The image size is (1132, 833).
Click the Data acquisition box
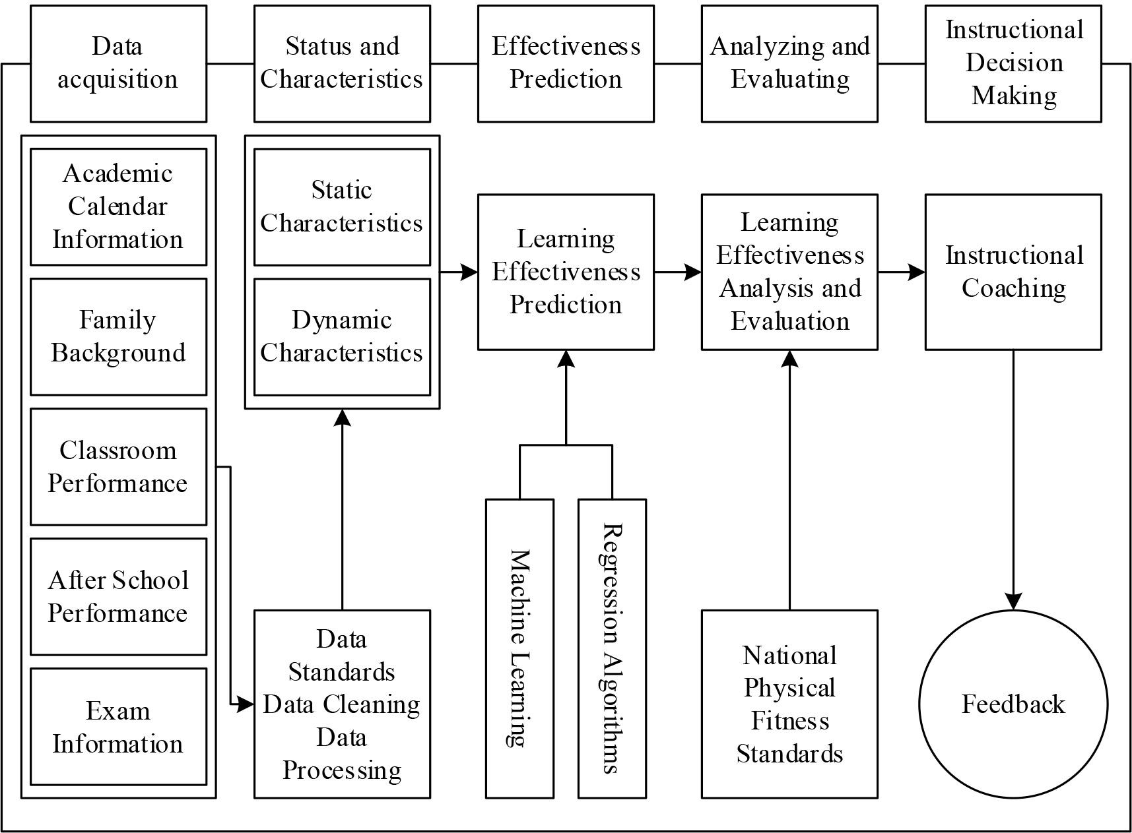pyautogui.click(x=118, y=63)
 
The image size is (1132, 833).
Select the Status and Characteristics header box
pyautogui.click(x=342, y=63)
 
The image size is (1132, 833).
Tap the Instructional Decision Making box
pyautogui.click(x=1013, y=63)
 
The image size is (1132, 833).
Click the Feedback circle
pyautogui.click(x=1013, y=704)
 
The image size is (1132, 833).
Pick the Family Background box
pyautogui.click(x=118, y=336)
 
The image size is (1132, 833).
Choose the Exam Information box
pyautogui.click(x=118, y=727)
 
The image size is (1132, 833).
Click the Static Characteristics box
pyautogui.click(x=342, y=207)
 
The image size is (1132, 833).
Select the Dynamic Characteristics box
pyautogui.click(x=342, y=336)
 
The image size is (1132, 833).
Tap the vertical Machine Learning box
pyautogui.click(x=519, y=648)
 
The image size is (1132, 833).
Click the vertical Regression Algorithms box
pyautogui.click(x=612, y=648)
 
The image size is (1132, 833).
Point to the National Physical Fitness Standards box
pyautogui.click(x=789, y=704)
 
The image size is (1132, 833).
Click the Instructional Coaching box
pyautogui.click(x=1013, y=272)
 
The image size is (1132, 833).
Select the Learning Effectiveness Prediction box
pyautogui.click(x=566, y=272)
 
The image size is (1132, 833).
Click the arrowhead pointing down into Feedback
pyautogui.click(x=1013, y=602)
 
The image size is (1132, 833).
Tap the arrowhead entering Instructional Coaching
pyautogui.click(x=917, y=272)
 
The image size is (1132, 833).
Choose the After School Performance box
pyautogui.click(x=118, y=597)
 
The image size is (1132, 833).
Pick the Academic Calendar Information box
pyautogui.click(x=118, y=207)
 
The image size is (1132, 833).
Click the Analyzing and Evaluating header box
pyautogui.click(x=789, y=63)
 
